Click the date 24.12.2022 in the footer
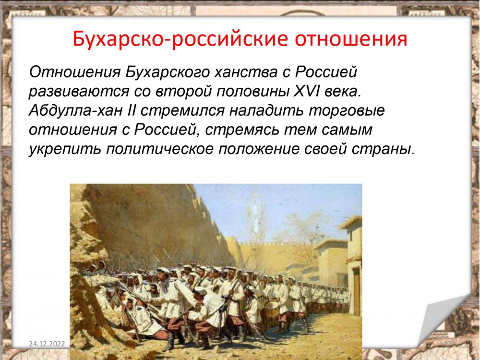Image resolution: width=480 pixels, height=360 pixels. pyautogui.click(x=47, y=344)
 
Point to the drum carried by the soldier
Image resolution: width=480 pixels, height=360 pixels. pyautogui.click(x=272, y=309)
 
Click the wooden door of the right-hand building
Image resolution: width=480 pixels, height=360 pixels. pyautogui.click(x=357, y=292)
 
